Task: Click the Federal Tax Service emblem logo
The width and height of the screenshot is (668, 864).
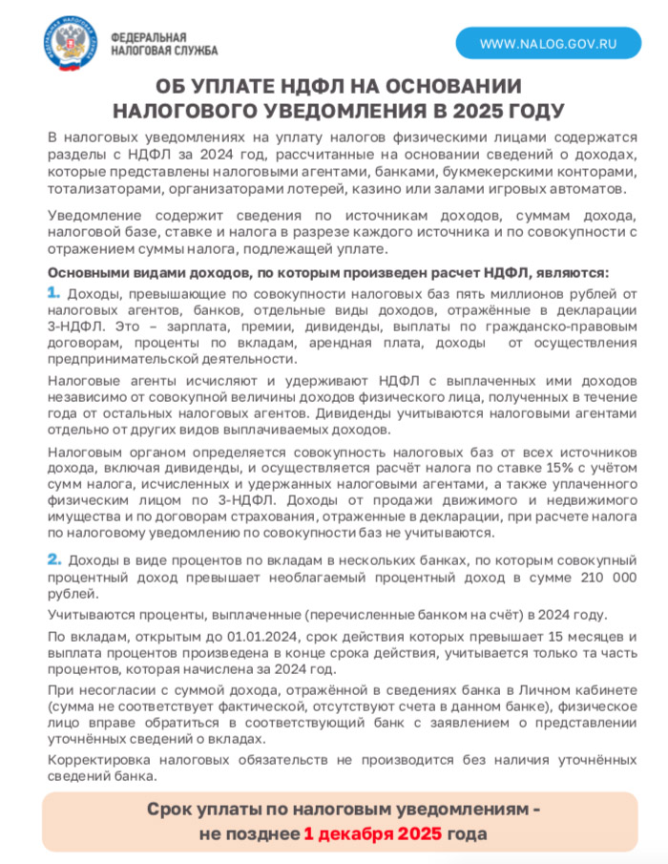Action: [70, 43]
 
